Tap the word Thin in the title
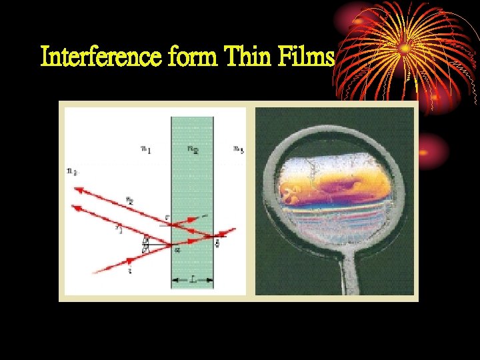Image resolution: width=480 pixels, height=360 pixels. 248,57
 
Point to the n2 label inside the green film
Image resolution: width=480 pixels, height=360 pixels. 192,149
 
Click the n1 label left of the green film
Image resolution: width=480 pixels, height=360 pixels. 146,149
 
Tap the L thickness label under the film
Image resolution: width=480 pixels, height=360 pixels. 193,282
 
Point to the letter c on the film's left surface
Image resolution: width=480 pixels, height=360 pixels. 167,217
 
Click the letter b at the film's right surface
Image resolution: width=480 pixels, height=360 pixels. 217,243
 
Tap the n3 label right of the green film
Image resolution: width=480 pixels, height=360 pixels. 237,149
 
